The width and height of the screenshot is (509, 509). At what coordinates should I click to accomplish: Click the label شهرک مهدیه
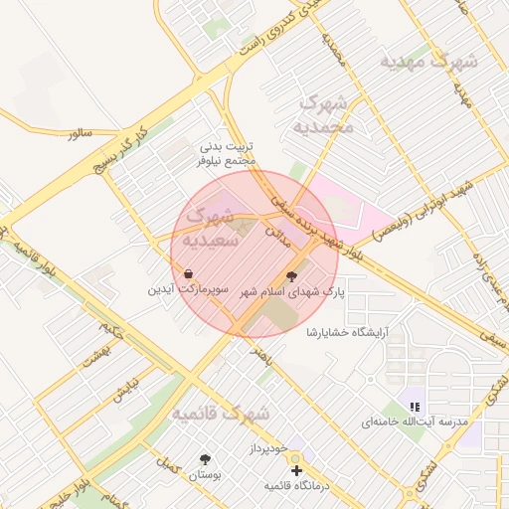[x=429, y=61]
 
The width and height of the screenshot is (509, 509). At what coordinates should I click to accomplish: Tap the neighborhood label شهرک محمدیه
[x=325, y=115]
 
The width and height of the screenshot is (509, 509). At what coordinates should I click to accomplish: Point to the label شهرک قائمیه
[x=220, y=413]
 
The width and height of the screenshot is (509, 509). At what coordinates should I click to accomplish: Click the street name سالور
[x=80, y=133]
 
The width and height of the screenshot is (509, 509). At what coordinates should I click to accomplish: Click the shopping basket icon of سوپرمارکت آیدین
[x=188, y=273]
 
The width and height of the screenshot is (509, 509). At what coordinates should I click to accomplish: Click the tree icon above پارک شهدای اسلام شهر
[x=291, y=276]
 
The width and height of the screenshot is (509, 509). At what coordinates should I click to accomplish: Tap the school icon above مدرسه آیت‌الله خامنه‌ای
[x=415, y=407]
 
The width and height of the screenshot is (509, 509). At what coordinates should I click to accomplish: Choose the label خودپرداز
[x=267, y=450]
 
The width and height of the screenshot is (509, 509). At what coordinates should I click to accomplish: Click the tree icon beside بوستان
[x=206, y=459]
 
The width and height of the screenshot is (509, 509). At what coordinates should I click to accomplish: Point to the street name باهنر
[x=261, y=352]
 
